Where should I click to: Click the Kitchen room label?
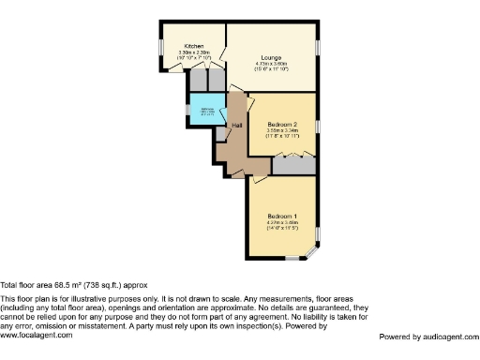pyautogui.click(x=194, y=46)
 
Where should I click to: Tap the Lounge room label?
pyautogui.click(x=272, y=56)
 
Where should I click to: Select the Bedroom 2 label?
pyautogui.click(x=282, y=125)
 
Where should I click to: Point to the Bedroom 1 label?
pyautogui.click(x=282, y=215)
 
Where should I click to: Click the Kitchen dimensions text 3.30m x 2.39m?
pyautogui.click(x=195, y=52)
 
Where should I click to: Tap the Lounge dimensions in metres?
pyautogui.click(x=272, y=63)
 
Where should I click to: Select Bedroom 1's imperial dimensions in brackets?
pyautogui.click(x=282, y=228)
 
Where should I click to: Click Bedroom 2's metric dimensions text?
pyautogui.click(x=282, y=131)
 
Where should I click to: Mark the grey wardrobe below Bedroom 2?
pyautogui.click(x=293, y=164)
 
